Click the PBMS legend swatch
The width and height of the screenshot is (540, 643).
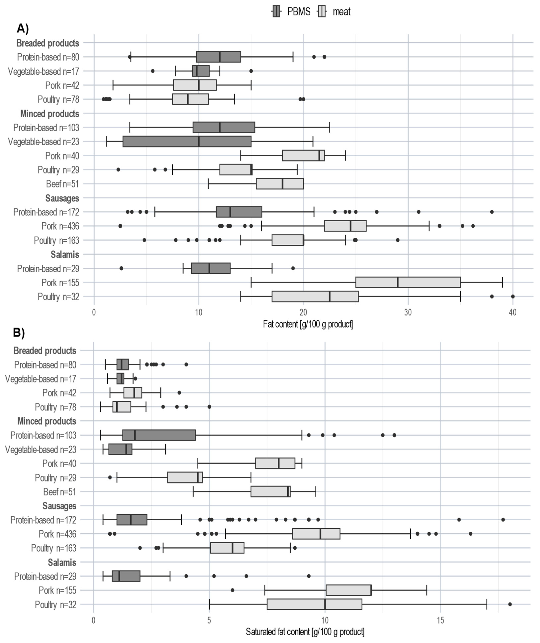point(276,12)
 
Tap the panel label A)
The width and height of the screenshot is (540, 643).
point(23,28)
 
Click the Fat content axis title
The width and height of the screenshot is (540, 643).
point(308,324)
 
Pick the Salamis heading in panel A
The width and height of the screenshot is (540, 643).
point(65,254)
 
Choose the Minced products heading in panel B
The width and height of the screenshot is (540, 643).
point(47,421)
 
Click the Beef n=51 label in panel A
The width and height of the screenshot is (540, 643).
point(62,184)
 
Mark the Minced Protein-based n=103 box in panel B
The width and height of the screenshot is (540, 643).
point(159,435)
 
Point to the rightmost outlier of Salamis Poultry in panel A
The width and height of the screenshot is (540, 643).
point(513,296)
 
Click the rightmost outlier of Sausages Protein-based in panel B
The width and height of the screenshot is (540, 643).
point(503,520)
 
